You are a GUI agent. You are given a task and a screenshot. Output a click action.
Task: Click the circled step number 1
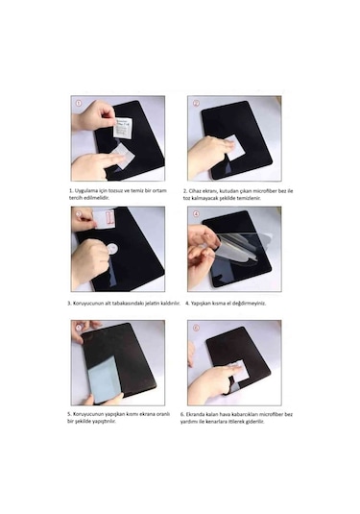pos(77,101)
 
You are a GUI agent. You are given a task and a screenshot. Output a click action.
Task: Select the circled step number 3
pos(77,212)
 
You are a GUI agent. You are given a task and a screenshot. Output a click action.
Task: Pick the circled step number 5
pos(77,326)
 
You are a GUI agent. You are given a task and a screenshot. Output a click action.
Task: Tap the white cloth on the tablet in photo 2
pos(228,147)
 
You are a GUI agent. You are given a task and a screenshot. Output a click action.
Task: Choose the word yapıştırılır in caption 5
pos(107,421)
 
